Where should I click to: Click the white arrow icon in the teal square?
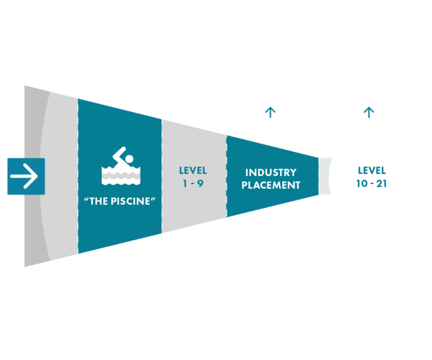[24, 176]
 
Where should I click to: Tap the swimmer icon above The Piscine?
[120, 166]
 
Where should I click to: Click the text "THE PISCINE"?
[120, 201]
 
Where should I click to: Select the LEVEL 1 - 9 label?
[193, 176]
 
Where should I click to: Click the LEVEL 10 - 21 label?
[371, 176]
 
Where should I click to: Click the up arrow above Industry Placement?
[270, 112]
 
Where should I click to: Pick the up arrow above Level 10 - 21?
[368, 112]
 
